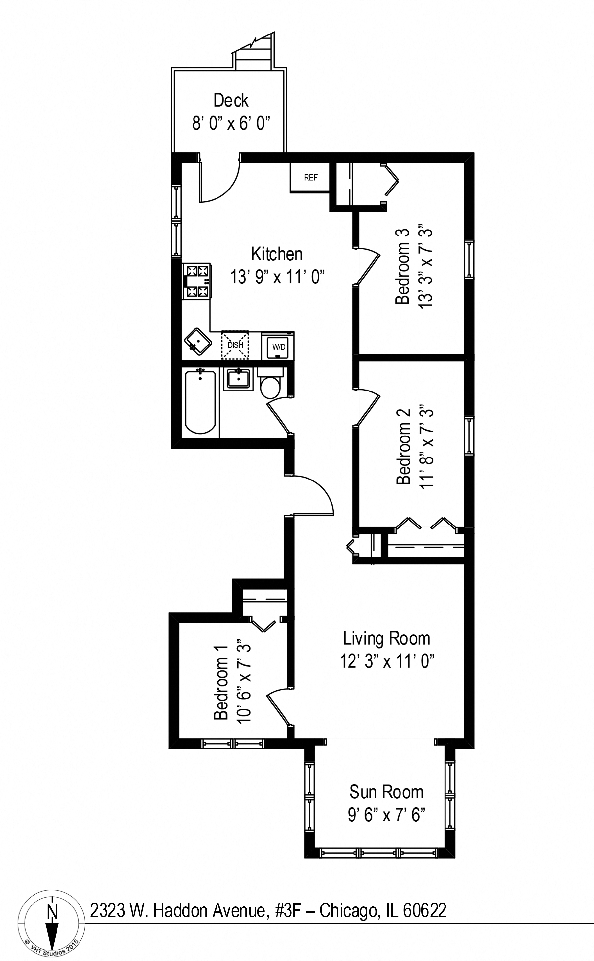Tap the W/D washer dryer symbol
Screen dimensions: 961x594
279,346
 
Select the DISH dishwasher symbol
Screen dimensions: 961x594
235,345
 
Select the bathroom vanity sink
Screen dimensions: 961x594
239,379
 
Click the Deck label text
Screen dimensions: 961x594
231,101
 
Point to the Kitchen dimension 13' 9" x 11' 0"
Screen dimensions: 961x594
277,277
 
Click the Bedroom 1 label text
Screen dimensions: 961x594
221,682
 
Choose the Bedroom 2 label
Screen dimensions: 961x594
403,447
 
